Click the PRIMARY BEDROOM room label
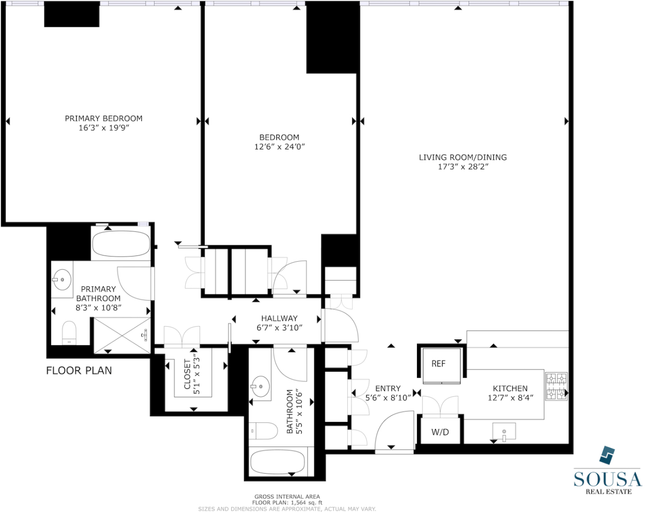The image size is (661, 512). [103, 118]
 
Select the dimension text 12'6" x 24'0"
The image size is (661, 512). [279, 147]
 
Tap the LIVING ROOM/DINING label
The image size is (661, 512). [462, 157]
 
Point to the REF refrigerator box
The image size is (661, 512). [439, 364]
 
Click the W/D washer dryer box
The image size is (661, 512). [440, 432]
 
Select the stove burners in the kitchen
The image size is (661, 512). [556, 387]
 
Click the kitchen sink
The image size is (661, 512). [504, 432]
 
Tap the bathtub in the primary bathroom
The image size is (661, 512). [121, 244]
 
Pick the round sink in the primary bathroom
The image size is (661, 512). [62, 280]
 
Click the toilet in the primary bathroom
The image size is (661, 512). [69, 333]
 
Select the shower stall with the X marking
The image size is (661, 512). [122, 335]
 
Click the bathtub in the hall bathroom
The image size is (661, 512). [279, 462]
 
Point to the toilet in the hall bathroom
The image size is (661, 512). [263, 431]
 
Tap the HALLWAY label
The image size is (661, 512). [279, 318]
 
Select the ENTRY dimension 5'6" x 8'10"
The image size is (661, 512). [388, 398]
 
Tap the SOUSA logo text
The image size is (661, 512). [607, 479]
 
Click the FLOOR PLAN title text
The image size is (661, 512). [79, 371]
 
